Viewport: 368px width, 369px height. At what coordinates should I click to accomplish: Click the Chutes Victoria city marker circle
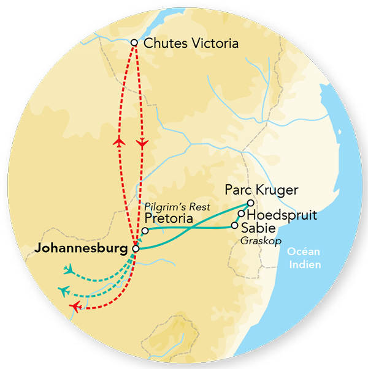(x=134, y=43)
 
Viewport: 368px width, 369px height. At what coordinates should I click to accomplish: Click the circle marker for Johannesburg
(x=136, y=248)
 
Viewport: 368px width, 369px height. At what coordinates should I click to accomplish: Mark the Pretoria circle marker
(x=145, y=231)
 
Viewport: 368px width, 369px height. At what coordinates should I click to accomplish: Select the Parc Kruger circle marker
(x=250, y=203)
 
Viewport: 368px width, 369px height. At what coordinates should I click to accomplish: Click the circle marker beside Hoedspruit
(x=242, y=214)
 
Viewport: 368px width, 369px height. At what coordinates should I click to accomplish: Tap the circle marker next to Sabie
(x=234, y=225)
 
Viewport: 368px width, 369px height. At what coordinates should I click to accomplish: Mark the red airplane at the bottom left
(x=75, y=305)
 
